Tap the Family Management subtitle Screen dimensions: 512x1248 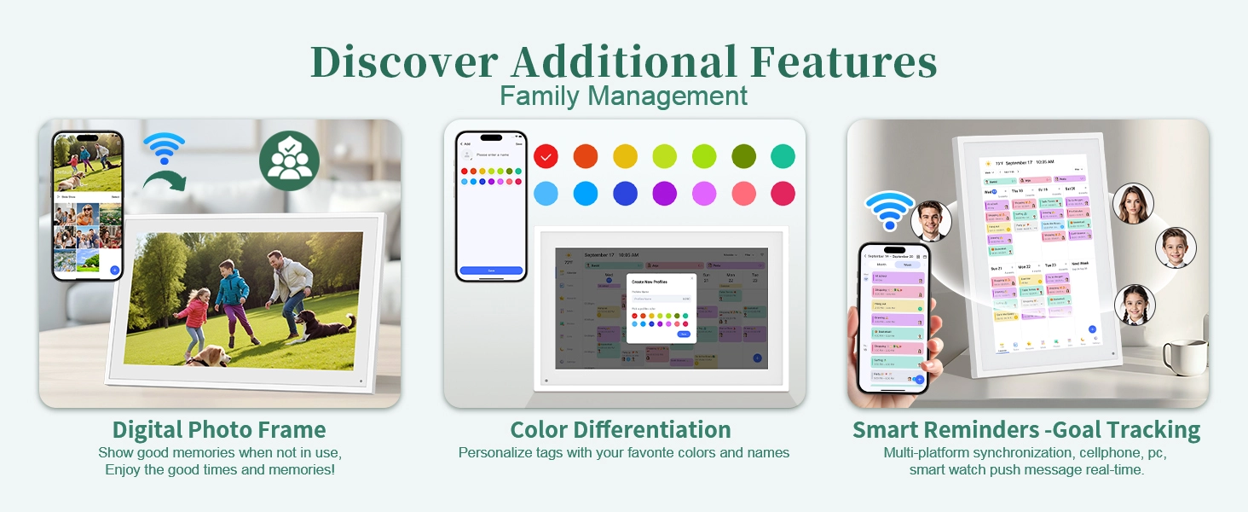[x=623, y=96]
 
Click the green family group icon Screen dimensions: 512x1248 [x=289, y=160]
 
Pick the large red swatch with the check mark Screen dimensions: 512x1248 [x=546, y=156]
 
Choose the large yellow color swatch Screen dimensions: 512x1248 [x=625, y=156]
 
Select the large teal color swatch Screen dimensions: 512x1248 [x=783, y=156]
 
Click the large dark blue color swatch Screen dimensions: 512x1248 [x=625, y=194]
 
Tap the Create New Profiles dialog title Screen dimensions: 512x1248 [x=650, y=281]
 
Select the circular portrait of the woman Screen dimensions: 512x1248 [x=1133, y=205]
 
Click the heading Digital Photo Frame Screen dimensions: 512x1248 [x=219, y=429]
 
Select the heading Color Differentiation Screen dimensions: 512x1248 [x=621, y=429]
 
